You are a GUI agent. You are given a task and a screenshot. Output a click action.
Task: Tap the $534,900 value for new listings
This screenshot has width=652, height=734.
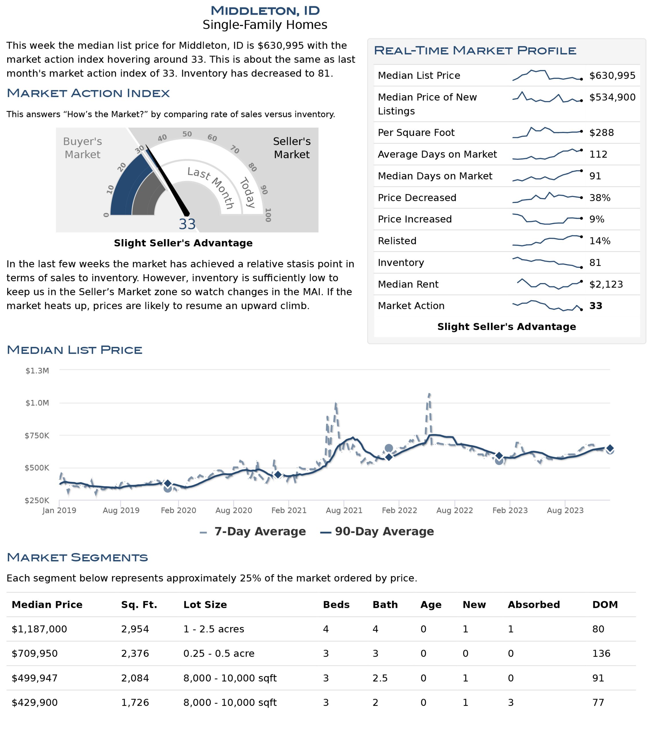coord(612,97)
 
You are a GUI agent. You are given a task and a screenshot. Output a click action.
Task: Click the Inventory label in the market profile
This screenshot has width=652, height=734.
coord(401,263)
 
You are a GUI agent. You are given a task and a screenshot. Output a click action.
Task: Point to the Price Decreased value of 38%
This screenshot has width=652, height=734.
coord(600,198)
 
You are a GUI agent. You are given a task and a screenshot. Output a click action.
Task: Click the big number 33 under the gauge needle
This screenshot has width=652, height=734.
coord(187,224)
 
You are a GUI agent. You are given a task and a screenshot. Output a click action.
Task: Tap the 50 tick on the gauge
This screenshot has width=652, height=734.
coord(187,134)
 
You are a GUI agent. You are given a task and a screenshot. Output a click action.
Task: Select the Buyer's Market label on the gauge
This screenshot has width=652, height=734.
coord(83,148)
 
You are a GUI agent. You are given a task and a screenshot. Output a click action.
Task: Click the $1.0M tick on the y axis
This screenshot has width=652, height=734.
coord(37,403)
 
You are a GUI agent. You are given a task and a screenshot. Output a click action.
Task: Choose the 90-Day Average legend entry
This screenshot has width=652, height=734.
coord(377,531)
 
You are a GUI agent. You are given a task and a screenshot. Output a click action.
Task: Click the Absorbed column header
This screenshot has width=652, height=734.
coord(534,604)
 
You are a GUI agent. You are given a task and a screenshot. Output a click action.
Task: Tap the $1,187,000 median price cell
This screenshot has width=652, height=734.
coord(39,629)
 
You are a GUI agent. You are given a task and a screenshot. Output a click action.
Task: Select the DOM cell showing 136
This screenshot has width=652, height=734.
coord(601,653)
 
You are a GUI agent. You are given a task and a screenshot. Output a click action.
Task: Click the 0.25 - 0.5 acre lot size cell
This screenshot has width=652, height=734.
coord(219,653)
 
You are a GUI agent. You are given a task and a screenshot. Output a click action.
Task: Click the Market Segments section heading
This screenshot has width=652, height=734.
coord(77,557)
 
